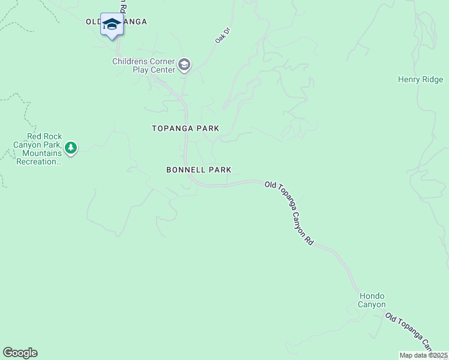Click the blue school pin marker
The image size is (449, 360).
112,25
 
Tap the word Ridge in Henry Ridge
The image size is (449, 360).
433,79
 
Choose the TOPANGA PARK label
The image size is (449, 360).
185,128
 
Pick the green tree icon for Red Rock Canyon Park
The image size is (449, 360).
71,148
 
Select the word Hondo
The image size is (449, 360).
372,296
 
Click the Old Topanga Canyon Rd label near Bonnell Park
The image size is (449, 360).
290,213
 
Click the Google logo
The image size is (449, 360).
20,353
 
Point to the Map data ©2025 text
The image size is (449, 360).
423,355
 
